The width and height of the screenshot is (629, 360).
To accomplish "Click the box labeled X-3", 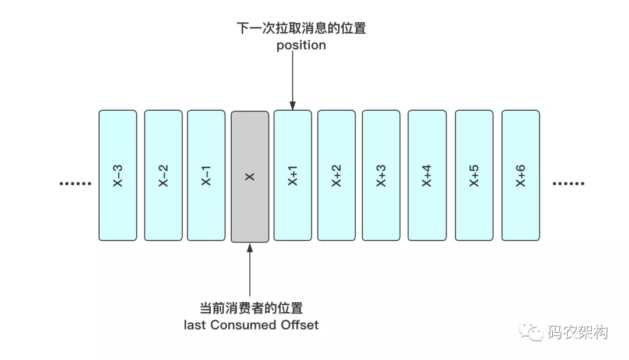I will tap(118, 175).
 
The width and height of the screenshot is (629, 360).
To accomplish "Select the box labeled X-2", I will tap(163, 175).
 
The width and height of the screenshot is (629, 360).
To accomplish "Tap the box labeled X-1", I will tap(206, 175).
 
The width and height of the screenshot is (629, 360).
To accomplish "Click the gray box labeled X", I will tap(250, 177).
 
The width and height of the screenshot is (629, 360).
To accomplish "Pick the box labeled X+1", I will tap(293, 175).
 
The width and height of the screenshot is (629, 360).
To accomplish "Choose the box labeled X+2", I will tap(337, 175).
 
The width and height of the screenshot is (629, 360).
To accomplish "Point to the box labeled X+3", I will tap(381, 175).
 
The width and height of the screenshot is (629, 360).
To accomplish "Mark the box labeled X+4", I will tap(427, 175).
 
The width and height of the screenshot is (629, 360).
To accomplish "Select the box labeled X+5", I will tap(474, 175).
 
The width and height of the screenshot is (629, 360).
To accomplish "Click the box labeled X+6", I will tap(521, 175).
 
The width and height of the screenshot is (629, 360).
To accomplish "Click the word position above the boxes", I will tap(301, 45).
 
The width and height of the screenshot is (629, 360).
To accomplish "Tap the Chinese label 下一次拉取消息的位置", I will tap(301, 28).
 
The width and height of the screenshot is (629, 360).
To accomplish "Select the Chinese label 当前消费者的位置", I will tap(251, 308).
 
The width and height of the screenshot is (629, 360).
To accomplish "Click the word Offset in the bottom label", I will tap(299, 325).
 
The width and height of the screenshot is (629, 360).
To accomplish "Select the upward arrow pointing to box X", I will tap(250, 271).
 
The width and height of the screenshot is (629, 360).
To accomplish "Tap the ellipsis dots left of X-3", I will tap(76, 184).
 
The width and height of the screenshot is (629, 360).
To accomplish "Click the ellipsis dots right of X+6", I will tap(568, 184).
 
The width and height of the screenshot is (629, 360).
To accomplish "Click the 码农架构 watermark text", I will tap(577, 333).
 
